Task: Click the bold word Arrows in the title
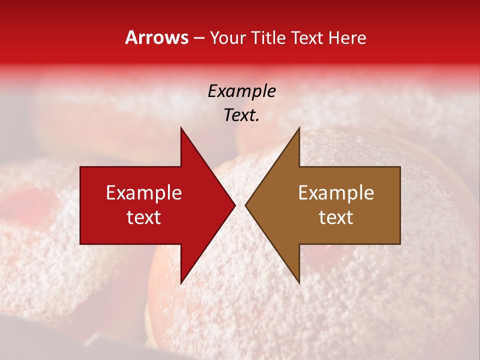(157, 38)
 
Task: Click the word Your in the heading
(228, 38)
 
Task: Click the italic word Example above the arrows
(241, 91)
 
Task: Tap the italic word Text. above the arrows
(241, 115)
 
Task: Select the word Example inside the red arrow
(144, 193)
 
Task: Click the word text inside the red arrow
(144, 217)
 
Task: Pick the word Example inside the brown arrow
(336, 193)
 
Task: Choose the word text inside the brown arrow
(336, 217)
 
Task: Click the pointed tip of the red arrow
(235, 205)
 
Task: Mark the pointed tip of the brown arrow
(245, 205)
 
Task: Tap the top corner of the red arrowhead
(181, 127)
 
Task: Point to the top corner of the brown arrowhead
(299, 127)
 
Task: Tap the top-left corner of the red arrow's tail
(80, 167)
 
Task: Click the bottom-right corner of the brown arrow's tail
(400, 244)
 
